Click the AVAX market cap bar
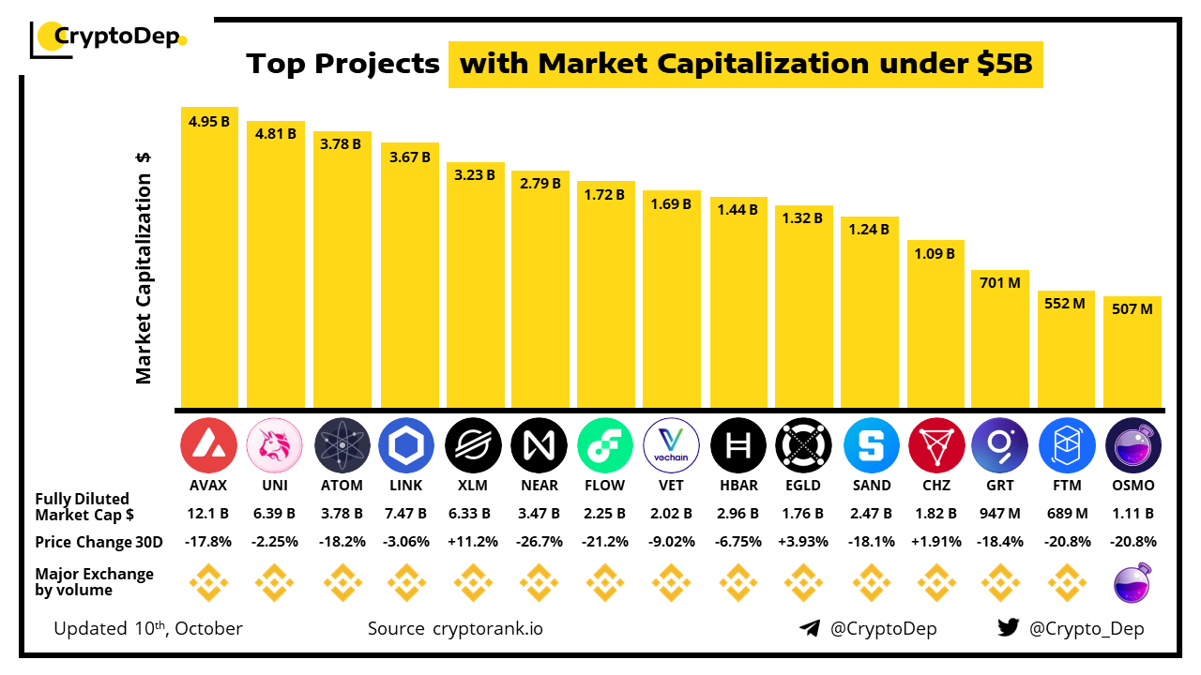(209, 262)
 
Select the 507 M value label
(1133, 307)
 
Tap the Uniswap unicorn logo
(274, 445)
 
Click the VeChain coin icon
(672, 445)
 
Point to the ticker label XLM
(472, 486)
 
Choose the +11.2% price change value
(472, 542)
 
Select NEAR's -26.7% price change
(540, 542)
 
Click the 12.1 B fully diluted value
(208, 514)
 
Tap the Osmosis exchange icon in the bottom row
(1133, 583)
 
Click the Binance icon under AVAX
(208, 583)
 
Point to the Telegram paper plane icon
(810, 628)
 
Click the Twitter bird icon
(1008, 628)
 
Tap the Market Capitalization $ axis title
(144, 268)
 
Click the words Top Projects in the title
(342, 64)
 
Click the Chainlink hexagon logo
(406, 445)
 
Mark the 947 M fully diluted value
(1000, 514)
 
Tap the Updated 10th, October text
(148, 628)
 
